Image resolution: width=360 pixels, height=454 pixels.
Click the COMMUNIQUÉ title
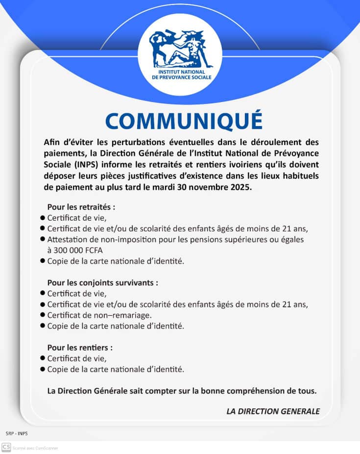pyautogui.click(x=183, y=121)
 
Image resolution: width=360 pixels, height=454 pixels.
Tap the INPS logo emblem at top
pyautogui.click(x=180, y=50)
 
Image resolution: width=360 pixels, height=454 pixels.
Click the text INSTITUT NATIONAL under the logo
pyautogui.click(x=180, y=72)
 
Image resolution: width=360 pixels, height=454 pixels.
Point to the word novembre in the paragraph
pyautogui.click(x=204, y=187)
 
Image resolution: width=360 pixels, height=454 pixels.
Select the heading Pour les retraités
pyautogui.click(x=81, y=207)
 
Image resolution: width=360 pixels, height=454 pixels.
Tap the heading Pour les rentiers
pyautogui.click(x=79, y=348)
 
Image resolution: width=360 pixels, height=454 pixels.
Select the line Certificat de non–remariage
pyautogui.click(x=99, y=315)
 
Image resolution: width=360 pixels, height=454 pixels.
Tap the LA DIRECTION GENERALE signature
pyautogui.click(x=273, y=411)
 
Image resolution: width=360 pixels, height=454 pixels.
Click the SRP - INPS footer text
pyautogui.click(x=17, y=433)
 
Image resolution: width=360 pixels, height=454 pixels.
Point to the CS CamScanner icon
pyautogui.click(x=6, y=447)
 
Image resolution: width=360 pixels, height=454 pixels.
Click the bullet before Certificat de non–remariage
pyautogui.click(x=43, y=315)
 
